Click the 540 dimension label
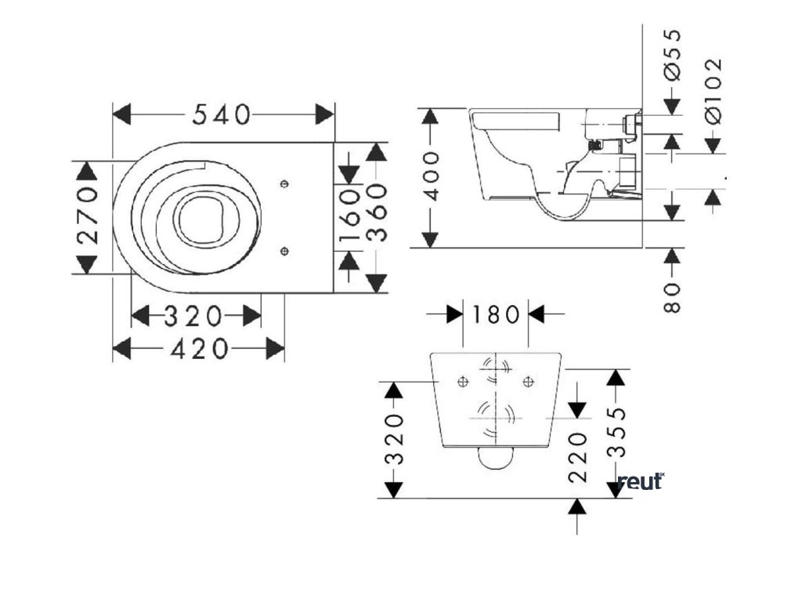pos(222,114)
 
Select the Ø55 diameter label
pos(672,54)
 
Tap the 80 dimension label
pos(672,298)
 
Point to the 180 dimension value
pos(495,315)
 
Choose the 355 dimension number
pos(618,432)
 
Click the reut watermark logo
pos(641,482)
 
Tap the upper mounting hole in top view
pos(284,183)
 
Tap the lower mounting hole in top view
pos(284,251)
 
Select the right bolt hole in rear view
pos(529,381)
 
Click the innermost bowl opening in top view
pos(199,220)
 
